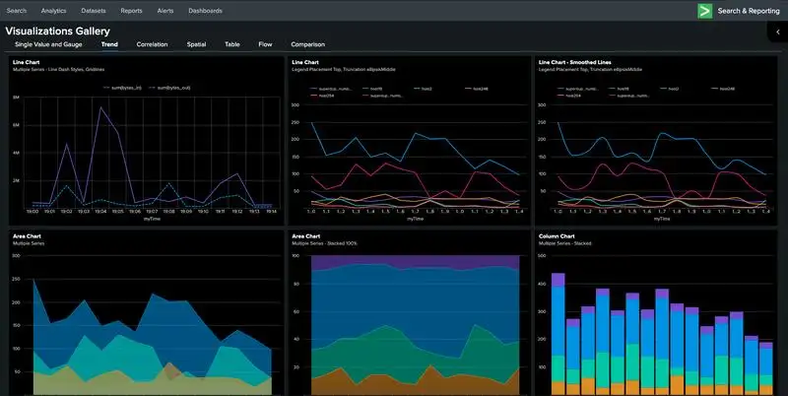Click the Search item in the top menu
click(17, 11)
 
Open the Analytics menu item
click(54, 11)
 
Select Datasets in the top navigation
click(94, 11)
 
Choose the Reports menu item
click(131, 11)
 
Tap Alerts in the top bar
click(166, 11)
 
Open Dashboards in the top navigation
click(205, 11)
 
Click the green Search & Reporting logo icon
click(704, 11)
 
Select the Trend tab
click(109, 44)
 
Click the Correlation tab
click(152, 44)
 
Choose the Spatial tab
click(196, 44)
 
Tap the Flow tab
click(265, 44)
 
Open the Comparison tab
click(307, 44)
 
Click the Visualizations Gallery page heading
click(57, 31)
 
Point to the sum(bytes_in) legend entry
click(119, 87)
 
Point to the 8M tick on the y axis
click(16, 99)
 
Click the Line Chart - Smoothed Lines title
click(585, 62)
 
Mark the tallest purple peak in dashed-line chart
click(100, 107)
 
